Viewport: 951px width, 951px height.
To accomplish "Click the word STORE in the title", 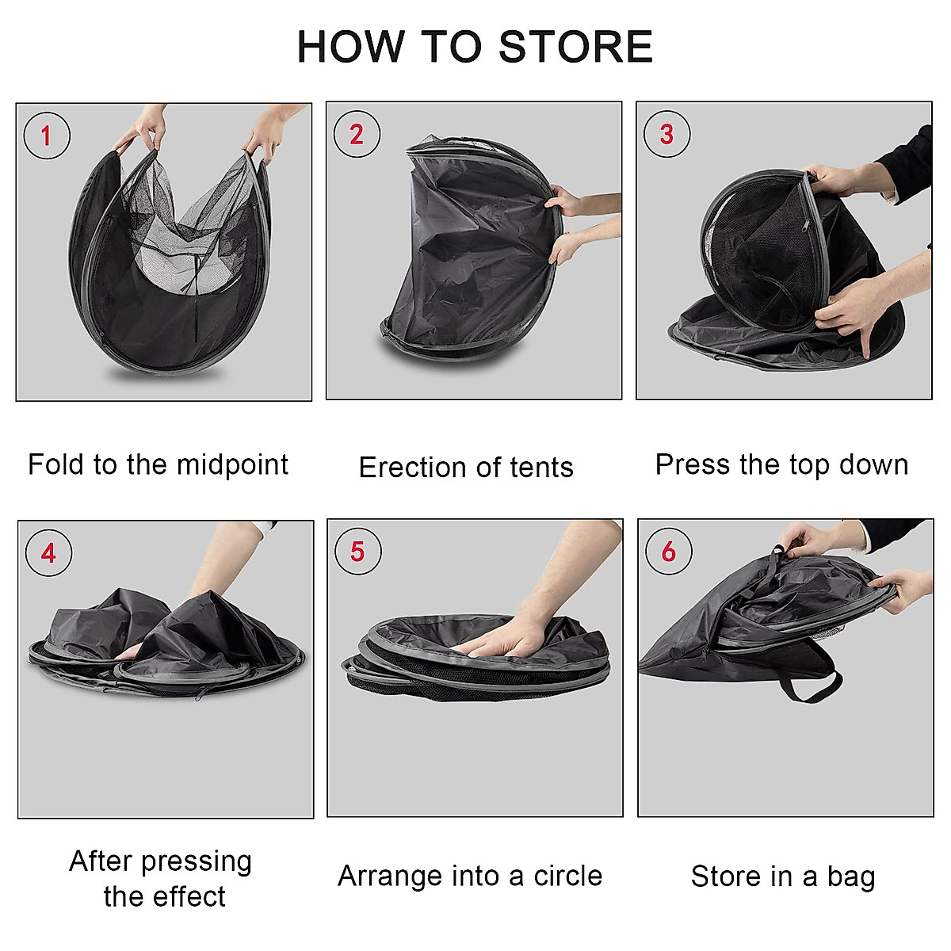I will [x=576, y=47].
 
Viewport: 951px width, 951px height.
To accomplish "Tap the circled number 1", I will [x=47, y=136].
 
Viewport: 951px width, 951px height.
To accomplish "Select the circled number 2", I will [x=357, y=134].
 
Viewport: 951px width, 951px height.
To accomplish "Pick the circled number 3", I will [x=666, y=134].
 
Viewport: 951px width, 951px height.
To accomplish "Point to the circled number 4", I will [x=48, y=552].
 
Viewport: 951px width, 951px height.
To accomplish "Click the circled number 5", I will [x=357, y=551].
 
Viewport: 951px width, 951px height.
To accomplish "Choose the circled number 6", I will [x=668, y=551].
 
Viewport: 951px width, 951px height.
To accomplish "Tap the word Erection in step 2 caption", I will [x=407, y=468].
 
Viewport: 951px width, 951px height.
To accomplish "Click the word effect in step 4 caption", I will [x=187, y=896].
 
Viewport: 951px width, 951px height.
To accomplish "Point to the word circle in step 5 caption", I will [x=567, y=876].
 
